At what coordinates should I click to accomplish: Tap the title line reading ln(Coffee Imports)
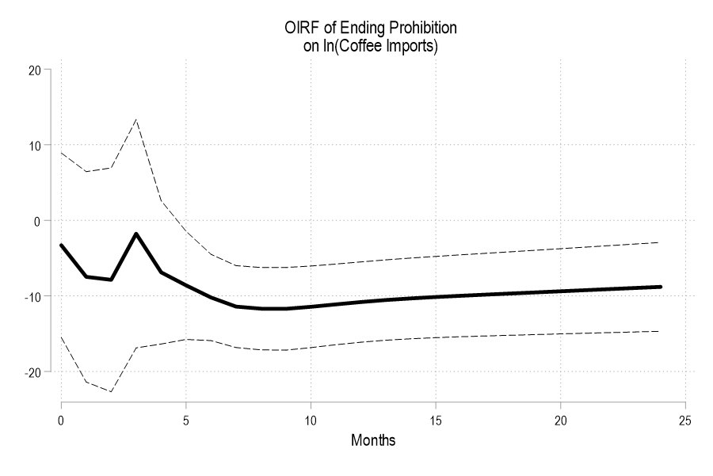pos(371,46)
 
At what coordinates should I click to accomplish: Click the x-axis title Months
pos(372,440)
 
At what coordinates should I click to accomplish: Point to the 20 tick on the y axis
pos(34,70)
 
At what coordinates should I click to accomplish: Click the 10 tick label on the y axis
pos(34,145)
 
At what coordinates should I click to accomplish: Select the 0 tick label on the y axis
pos(36,220)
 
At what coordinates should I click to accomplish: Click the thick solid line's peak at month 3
pos(136,234)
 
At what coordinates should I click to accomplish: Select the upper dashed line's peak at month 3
pos(136,120)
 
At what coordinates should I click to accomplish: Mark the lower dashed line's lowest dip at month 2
pos(111,391)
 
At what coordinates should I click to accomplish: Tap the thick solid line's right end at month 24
pos(659,287)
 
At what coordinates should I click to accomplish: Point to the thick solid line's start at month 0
pos(61,246)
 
